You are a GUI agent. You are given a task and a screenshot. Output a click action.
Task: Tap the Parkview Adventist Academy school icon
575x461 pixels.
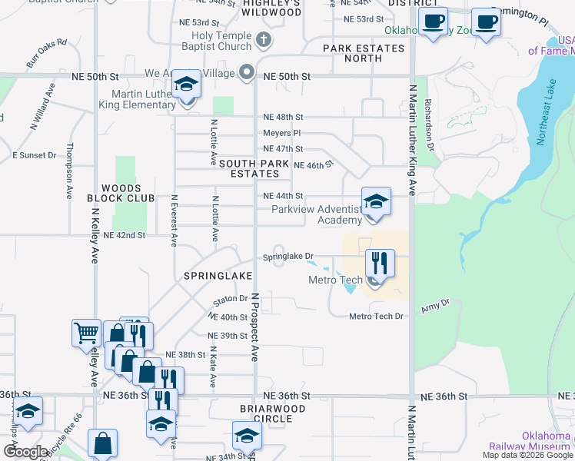tap(376, 202)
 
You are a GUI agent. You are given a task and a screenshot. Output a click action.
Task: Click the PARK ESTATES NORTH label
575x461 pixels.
tap(364, 53)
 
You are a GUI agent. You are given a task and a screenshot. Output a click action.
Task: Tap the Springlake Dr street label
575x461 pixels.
tap(289, 257)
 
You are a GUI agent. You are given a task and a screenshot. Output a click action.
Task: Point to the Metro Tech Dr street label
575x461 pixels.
tap(376, 317)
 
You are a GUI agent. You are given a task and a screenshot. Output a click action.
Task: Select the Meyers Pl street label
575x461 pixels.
tap(276, 134)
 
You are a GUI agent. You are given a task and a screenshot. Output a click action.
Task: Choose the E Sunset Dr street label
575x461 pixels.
tap(35, 155)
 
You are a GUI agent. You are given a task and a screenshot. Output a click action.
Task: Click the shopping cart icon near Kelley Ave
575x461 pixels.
tap(86, 334)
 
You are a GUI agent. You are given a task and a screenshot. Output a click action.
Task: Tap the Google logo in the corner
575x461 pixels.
tap(25, 452)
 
